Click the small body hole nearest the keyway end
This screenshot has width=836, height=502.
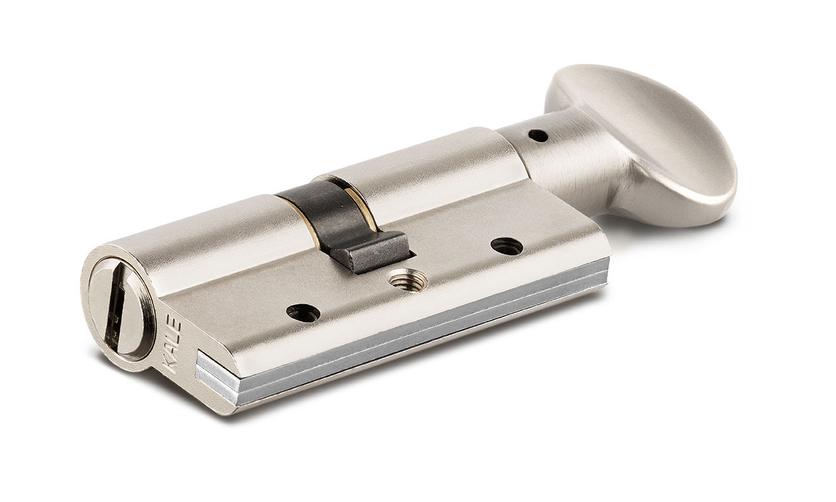pyautogui.click(x=302, y=312)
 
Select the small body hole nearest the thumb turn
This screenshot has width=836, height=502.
pyautogui.click(x=506, y=246)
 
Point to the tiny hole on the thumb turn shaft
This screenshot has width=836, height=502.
pyautogui.click(x=540, y=136)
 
